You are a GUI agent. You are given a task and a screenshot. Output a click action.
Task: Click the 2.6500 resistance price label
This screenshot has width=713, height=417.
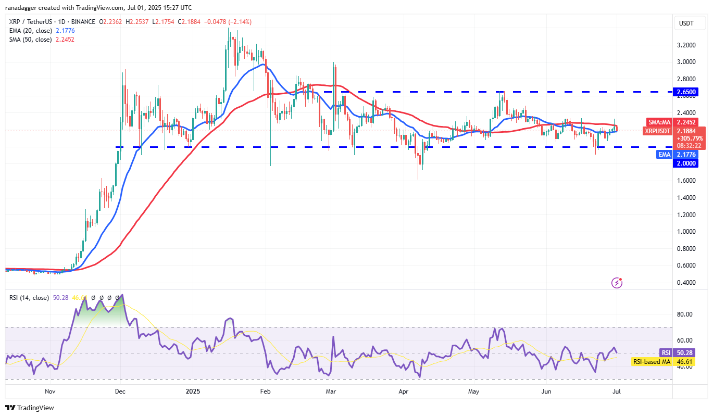click(x=685, y=92)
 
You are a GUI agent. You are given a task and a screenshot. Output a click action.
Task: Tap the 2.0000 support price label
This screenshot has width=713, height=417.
click(x=685, y=163)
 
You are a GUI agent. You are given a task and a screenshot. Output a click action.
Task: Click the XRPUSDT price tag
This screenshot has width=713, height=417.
click(x=658, y=131)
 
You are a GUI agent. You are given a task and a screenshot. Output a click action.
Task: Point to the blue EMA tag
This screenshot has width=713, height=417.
click(x=664, y=154)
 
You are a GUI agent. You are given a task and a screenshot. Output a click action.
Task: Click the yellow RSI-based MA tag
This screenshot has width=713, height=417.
click(x=652, y=361)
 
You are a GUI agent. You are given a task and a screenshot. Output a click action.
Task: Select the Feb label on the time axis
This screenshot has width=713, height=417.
click(x=265, y=390)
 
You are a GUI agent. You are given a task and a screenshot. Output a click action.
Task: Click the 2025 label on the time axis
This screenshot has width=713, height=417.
click(x=192, y=390)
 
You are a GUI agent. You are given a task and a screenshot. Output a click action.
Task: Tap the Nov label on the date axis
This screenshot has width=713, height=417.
click(x=50, y=390)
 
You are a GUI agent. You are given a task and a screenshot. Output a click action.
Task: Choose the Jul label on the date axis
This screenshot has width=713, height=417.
click(x=616, y=390)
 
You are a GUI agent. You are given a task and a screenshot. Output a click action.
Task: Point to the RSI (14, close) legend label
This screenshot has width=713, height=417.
click(x=29, y=298)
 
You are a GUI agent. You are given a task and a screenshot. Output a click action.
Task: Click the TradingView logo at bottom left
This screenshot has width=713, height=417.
click(x=30, y=408)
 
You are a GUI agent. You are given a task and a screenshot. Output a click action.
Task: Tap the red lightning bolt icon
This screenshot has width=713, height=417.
click(x=617, y=283)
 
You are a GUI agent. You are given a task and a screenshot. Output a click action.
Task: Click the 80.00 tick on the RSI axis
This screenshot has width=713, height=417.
click(x=685, y=314)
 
